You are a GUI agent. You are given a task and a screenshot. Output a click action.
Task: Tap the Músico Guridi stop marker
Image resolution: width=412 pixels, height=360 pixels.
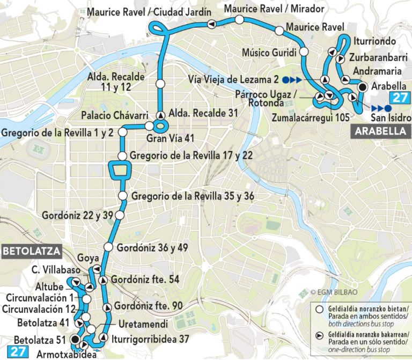click(x=304, y=52)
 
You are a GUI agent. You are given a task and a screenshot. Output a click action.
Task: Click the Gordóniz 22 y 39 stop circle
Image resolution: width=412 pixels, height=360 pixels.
click(x=120, y=215)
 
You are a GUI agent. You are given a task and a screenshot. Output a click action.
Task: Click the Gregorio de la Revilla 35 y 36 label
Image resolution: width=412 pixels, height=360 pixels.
click(x=193, y=196)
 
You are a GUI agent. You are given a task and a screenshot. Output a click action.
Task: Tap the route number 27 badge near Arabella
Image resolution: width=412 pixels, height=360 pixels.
click(x=399, y=98)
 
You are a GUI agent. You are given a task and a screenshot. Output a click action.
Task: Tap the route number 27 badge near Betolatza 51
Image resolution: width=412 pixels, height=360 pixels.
click(x=17, y=352)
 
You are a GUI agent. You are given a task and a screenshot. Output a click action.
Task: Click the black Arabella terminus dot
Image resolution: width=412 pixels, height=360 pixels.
click(x=362, y=87)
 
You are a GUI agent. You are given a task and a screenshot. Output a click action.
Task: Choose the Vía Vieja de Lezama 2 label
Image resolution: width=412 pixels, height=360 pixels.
click(x=234, y=80)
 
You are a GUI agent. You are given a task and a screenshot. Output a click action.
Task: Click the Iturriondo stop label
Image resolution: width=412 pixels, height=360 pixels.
click(x=375, y=41)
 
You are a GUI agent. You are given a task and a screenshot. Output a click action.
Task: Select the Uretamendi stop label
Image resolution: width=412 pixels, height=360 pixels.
click(x=143, y=325)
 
